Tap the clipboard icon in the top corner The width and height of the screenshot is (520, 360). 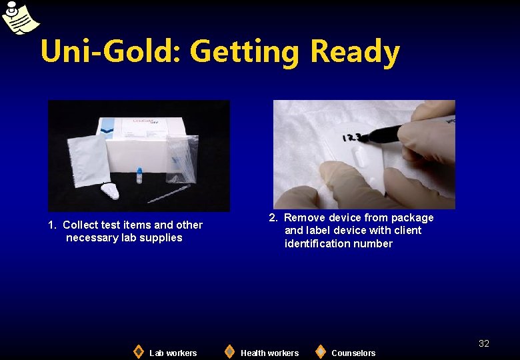(x=18, y=16)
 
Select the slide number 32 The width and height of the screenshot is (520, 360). (x=483, y=343)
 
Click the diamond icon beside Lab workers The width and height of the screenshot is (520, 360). (x=138, y=351)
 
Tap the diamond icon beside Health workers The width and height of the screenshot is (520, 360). (x=229, y=351)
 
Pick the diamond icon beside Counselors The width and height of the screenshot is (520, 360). (x=321, y=351)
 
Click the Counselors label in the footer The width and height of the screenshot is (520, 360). (x=353, y=353)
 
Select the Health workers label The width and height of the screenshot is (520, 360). (x=269, y=353)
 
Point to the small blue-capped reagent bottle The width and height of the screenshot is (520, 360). (x=139, y=175)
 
